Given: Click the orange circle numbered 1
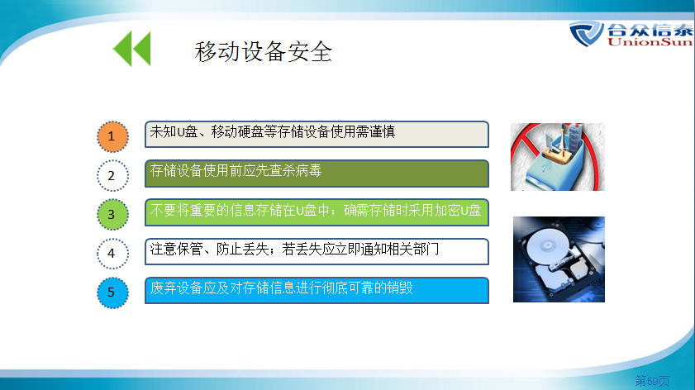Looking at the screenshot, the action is (x=112, y=136).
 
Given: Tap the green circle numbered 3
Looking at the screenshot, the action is (x=112, y=215).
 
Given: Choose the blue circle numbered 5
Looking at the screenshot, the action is (x=112, y=292).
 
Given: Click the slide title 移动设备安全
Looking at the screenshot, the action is (x=264, y=51).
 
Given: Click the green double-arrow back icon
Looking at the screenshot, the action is (x=132, y=48).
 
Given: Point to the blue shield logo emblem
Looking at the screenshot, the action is (x=586, y=33).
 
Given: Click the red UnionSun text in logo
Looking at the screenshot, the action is (x=650, y=42).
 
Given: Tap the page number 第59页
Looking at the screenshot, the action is (x=652, y=381).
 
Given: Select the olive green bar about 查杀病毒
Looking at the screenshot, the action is (x=317, y=174).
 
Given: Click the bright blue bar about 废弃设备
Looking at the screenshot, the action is (x=317, y=290).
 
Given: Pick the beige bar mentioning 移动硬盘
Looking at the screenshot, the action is (x=317, y=135).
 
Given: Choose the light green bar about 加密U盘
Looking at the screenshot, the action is (x=317, y=212).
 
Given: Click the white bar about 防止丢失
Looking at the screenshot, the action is (x=317, y=251).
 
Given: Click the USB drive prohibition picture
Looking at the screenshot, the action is (x=558, y=157).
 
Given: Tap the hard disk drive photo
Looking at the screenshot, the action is (x=559, y=259).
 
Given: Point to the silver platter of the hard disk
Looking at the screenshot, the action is (x=548, y=245).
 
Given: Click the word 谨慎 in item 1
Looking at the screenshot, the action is (x=382, y=131).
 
